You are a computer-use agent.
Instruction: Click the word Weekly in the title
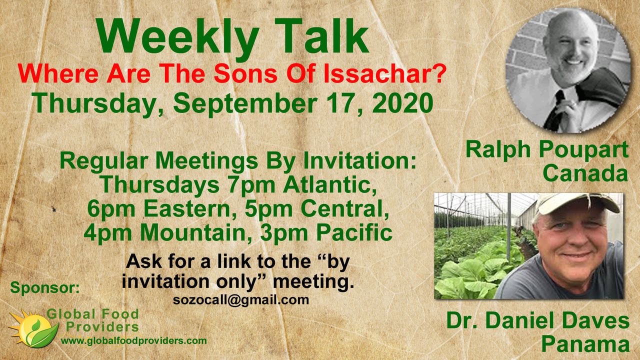tap(177, 38)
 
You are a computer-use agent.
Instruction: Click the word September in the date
tap(245, 104)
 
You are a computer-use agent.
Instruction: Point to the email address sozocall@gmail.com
tap(241, 300)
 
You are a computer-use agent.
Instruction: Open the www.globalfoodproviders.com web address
tap(133, 340)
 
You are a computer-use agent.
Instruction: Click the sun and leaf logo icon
tap(33, 328)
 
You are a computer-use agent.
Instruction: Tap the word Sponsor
tap(45, 287)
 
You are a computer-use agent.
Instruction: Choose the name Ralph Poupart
tap(547, 150)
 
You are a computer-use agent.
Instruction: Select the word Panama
tap(585, 344)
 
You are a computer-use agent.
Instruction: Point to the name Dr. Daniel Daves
tap(538, 320)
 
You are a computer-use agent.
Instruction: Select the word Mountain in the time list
tap(193, 233)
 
